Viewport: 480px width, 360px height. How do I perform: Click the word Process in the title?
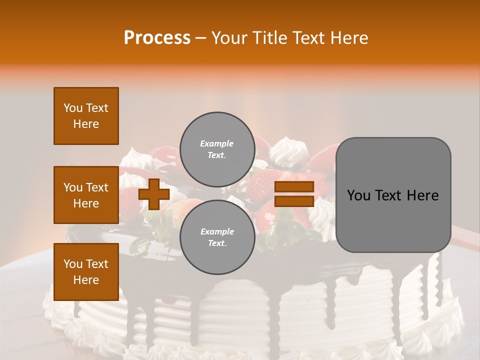coord(157,38)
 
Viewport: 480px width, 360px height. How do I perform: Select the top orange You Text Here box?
coord(86,116)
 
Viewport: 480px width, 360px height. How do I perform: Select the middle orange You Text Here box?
coord(86,195)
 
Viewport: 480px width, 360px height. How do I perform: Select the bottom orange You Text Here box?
coord(86,271)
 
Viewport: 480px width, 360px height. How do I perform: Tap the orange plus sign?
coord(154,194)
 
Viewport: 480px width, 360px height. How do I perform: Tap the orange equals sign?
coord(294,194)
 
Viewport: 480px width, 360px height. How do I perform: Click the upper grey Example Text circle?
coord(217,149)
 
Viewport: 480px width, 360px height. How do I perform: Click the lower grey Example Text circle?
coord(217,237)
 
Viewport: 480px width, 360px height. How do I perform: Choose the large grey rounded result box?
coord(393,195)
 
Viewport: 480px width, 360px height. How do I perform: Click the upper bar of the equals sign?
coord(294,187)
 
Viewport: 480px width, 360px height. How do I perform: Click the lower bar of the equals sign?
coord(294,201)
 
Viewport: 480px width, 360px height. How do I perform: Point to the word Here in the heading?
coord(348,38)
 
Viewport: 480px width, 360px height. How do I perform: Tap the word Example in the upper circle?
coord(217,143)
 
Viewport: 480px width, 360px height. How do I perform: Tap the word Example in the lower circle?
coord(217,231)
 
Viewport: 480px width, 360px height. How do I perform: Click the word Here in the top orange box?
coord(86,124)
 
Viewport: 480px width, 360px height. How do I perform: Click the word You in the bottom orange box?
coord(73,264)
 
